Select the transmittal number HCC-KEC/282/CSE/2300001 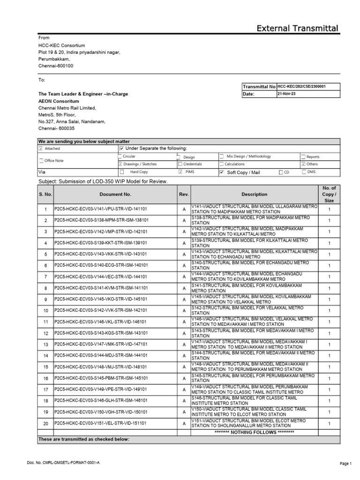[301, 87]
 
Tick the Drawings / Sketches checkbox [120, 164]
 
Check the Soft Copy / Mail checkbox [222, 172]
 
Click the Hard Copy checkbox [121, 172]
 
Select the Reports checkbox [303, 157]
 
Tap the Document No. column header [115, 194]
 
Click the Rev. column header [184, 194]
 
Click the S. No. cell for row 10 [45, 311]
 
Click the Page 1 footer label [345, 464]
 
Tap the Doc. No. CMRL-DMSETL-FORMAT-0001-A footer [63, 463]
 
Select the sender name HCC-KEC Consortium [61, 45]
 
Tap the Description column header [254, 194]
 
